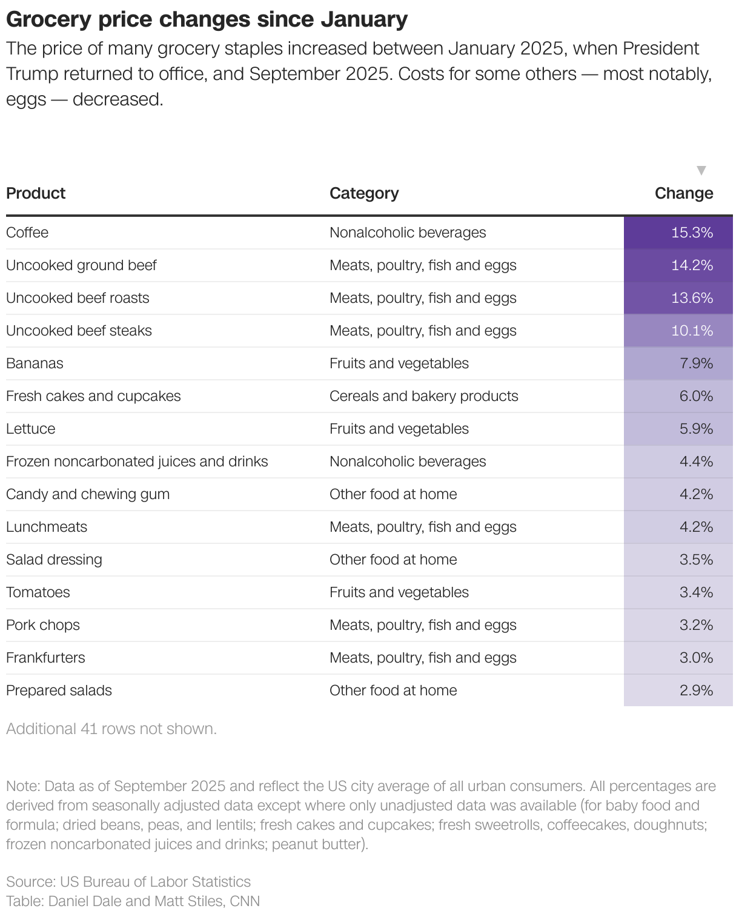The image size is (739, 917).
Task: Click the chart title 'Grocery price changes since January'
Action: (207, 19)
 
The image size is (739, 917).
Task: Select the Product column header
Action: (36, 193)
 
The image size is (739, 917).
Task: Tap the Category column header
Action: (364, 193)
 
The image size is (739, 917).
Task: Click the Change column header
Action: (683, 193)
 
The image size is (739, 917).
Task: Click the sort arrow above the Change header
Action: (701, 170)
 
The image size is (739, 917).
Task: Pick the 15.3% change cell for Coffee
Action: (692, 233)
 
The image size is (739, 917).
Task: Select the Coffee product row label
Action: (27, 233)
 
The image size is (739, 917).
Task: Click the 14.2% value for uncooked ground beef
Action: (692, 265)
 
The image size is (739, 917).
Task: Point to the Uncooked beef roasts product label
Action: (78, 298)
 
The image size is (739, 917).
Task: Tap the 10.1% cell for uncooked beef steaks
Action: (692, 331)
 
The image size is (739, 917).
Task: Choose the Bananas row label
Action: (35, 363)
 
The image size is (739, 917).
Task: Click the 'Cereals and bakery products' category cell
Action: (423, 396)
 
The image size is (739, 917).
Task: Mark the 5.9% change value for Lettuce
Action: (695, 429)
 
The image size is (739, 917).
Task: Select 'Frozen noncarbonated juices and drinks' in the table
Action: (137, 462)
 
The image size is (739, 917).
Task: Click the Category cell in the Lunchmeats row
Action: (423, 527)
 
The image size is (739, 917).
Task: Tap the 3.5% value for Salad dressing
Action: (695, 560)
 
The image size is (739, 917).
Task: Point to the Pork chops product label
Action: (43, 625)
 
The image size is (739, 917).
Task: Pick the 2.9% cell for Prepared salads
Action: (695, 690)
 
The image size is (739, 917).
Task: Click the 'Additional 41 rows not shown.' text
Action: (111, 729)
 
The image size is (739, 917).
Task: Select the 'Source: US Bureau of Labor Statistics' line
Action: (128, 882)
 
